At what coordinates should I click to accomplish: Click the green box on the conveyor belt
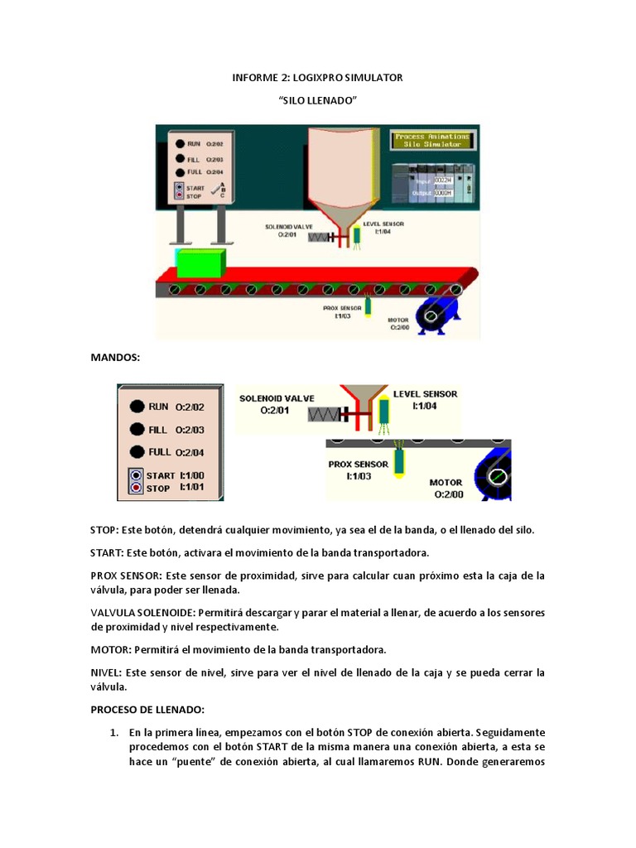coord(200,262)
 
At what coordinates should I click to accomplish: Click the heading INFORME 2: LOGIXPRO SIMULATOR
coord(317,78)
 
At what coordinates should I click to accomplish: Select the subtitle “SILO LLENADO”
coord(317,99)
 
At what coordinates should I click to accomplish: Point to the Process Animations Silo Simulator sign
coord(432,140)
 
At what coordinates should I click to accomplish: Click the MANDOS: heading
coord(115,357)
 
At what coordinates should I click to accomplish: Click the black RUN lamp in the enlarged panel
coord(137,407)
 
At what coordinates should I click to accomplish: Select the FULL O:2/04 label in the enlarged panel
coord(176,452)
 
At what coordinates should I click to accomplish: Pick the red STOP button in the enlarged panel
coord(136,489)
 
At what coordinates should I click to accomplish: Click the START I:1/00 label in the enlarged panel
coord(175,475)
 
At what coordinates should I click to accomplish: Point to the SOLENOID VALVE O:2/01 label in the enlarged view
coord(277,403)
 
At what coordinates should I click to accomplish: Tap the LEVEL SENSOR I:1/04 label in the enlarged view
coord(425,399)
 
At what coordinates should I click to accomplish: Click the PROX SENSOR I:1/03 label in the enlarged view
coord(358,470)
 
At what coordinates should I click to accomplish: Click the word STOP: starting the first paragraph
coord(104,529)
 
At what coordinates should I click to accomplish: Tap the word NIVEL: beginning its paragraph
coord(105,672)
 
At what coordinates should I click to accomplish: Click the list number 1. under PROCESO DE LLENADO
coord(115,733)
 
